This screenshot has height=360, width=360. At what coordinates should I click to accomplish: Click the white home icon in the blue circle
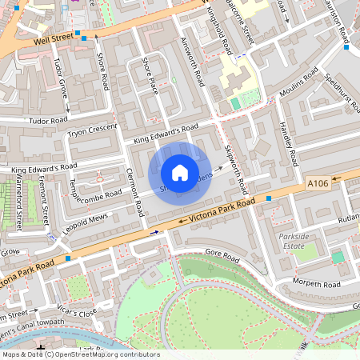pos(180,173)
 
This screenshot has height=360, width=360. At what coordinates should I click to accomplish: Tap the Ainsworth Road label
pos(194,59)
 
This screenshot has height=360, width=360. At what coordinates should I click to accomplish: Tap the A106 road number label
pos(318,184)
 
